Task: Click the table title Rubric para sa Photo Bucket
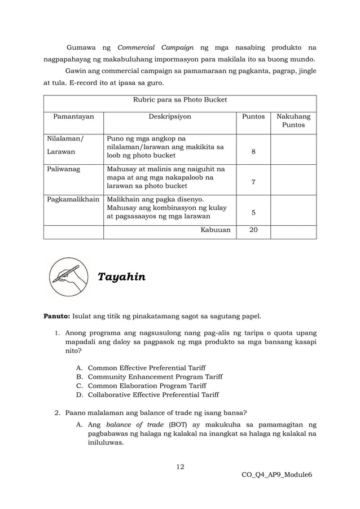[179, 100]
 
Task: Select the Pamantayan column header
[73, 117]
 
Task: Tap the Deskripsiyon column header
[169, 117]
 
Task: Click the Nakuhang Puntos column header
[293, 121]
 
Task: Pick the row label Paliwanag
[63, 168]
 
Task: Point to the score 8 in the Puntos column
[253, 152]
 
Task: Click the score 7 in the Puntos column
[253, 182]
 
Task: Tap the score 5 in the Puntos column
[253, 213]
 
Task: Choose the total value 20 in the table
[253, 230]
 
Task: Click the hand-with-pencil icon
[68, 277]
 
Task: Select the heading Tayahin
[121, 277]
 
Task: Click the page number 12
[180, 466]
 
